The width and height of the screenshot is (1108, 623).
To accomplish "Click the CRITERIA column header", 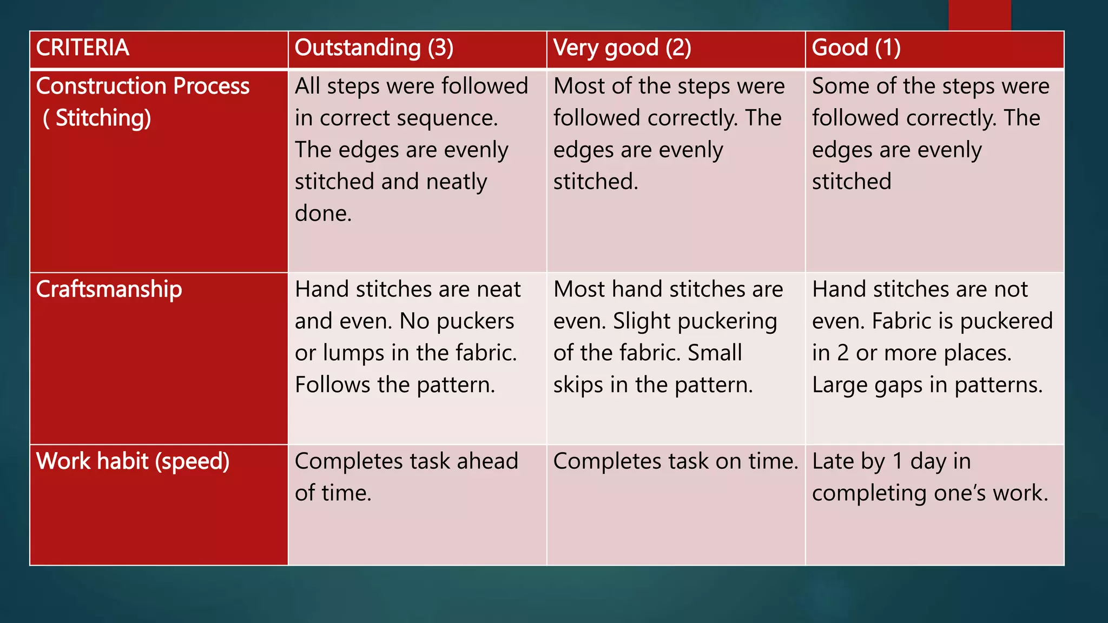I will (x=83, y=48).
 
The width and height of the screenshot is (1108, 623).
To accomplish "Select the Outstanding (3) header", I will (x=374, y=48).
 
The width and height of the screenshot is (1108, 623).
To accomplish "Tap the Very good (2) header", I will (x=622, y=48).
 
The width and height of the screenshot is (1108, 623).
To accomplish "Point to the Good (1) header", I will (x=856, y=48).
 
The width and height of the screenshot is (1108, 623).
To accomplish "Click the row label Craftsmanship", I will (x=109, y=289).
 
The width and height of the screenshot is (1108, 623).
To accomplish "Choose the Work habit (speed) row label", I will (x=133, y=461).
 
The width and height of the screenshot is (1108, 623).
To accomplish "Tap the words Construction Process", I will (x=143, y=87).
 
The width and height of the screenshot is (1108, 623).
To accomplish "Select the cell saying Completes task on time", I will (x=675, y=461).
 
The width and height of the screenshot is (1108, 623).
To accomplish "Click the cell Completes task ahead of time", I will (x=406, y=476).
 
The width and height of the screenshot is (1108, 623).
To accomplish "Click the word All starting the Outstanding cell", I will (x=307, y=87).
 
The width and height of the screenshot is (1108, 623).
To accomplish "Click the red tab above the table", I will (x=979, y=15).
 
